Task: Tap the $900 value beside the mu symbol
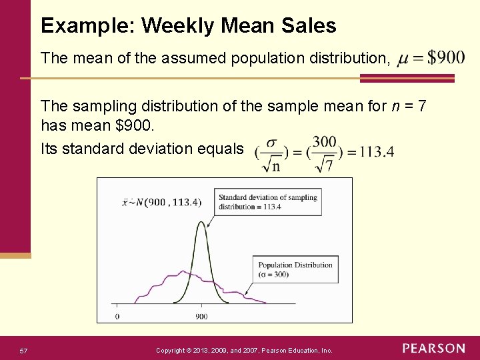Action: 446,58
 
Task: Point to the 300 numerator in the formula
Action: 324,142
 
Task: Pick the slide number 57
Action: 23,351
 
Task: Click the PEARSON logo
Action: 433,349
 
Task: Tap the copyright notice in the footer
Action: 244,350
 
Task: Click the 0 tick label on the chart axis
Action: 117,315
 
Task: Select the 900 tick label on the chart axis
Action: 202,315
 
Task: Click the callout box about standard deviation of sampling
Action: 268,201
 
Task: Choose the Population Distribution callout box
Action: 295,269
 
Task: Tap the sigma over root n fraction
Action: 271,153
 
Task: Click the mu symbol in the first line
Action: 402,60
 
